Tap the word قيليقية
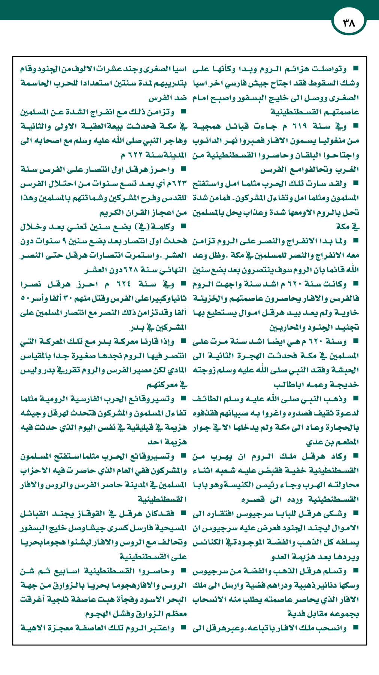point(144,427)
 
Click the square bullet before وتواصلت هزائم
point(355,69)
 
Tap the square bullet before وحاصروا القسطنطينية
point(184,571)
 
